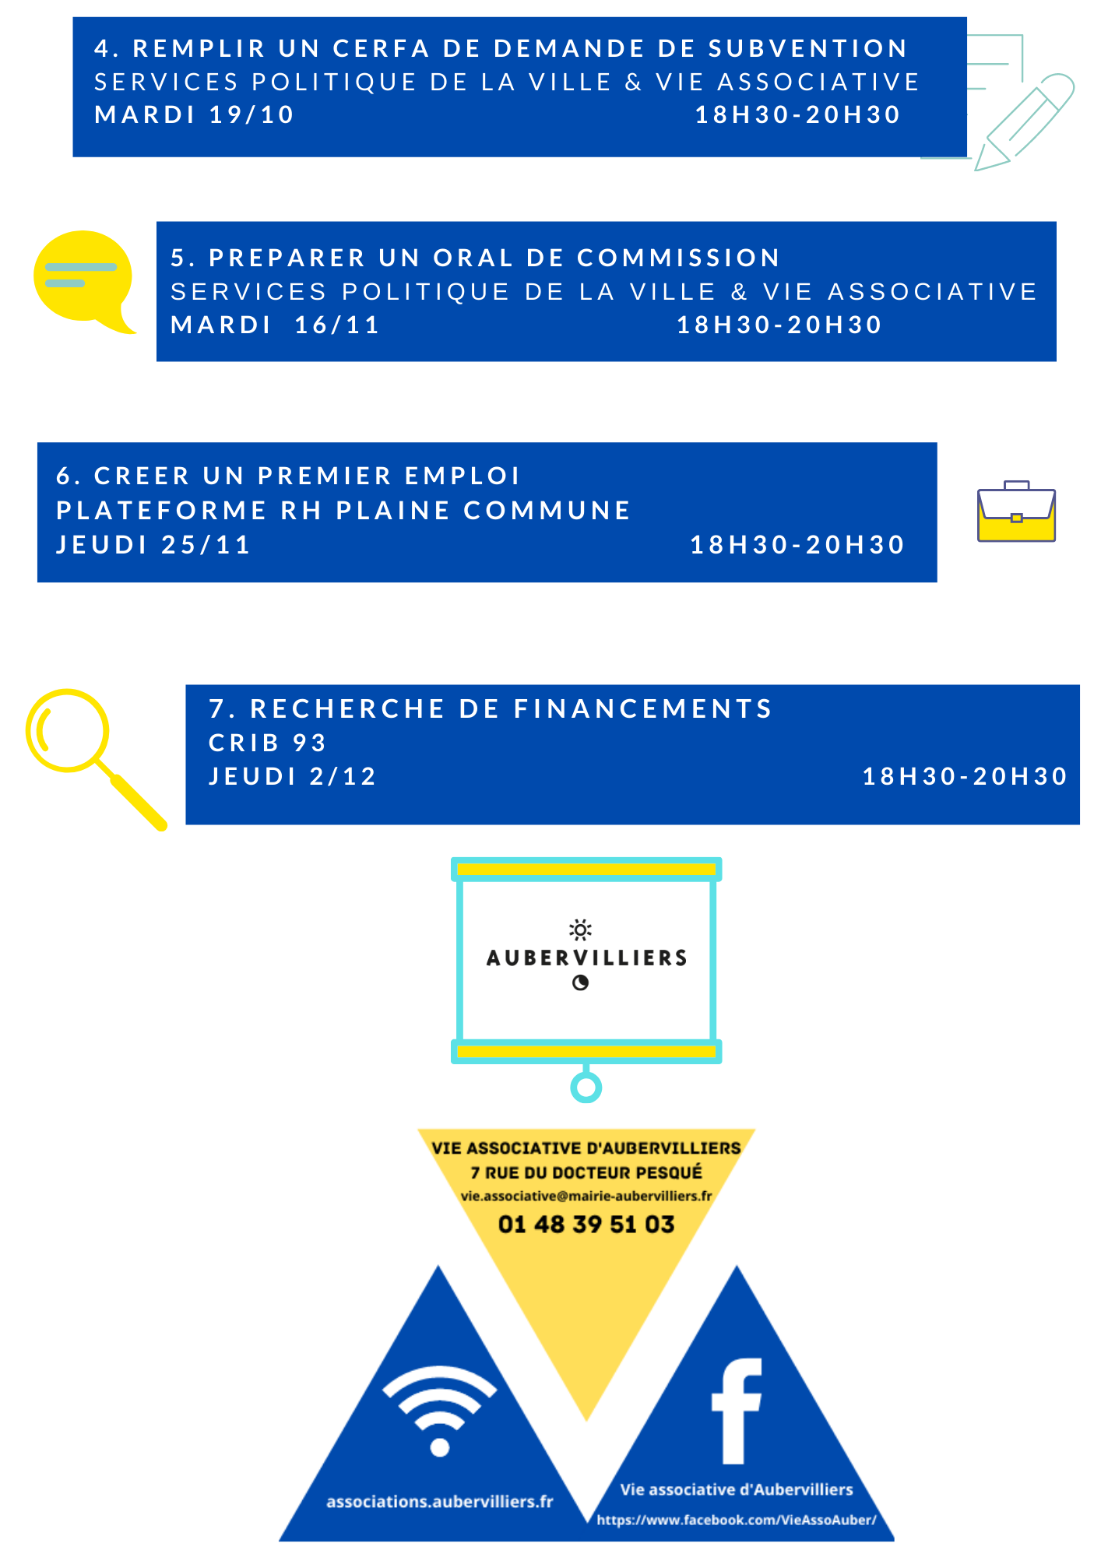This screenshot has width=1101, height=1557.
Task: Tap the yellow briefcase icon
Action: pyautogui.click(x=1016, y=511)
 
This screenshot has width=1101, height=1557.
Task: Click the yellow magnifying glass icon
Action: pyautogui.click(x=93, y=757)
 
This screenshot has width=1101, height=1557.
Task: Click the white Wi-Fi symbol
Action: pyautogui.click(x=440, y=1409)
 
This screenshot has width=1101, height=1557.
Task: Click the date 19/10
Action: pyautogui.click(x=252, y=114)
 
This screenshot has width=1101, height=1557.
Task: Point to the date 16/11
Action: pyautogui.click(x=336, y=325)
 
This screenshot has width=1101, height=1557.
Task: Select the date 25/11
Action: pyautogui.click(x=206, y=544)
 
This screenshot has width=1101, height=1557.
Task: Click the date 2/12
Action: pyautogui.click(x=343, y=776)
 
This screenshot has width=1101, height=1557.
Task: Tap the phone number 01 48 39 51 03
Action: pyautogui.click(x=586, y=1224)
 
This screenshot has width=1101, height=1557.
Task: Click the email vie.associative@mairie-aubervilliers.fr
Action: pyautogui.click(x=586, y=1196)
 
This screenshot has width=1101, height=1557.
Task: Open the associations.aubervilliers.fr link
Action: pyautogui.click(x=440, y=1501)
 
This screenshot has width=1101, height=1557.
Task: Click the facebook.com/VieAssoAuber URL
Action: pyautogui.click(x=737, y=1520)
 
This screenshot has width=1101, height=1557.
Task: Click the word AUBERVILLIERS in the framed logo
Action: pyautogui.click(x=587, y=958)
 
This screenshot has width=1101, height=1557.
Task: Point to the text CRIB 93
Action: pyautogui.click(x=267, y=743)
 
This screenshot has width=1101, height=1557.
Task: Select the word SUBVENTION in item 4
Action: pyautogui.click(x=807, y=48)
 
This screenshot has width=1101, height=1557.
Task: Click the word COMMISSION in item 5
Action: pyautogui.click(x=678, y=258)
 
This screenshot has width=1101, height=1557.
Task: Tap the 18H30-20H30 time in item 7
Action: pyautogui.click(x=964, y=776)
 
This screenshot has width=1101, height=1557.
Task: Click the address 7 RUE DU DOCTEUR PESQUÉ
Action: pyautogui.click(x=586, y=1172)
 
